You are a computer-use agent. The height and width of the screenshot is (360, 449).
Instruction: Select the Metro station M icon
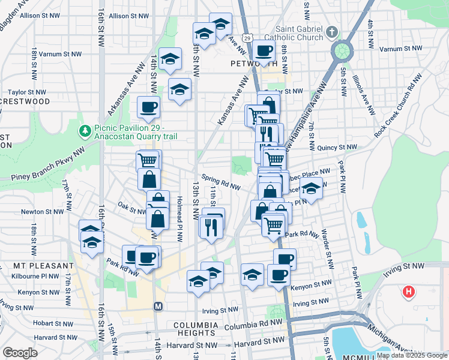[x=158, y=306]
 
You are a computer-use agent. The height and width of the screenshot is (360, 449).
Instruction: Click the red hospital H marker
[x=409, y=292]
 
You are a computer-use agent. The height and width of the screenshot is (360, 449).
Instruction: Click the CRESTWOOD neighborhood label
[x=25, y=101]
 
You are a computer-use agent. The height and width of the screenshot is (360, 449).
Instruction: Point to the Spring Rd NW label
[x=220, y=182]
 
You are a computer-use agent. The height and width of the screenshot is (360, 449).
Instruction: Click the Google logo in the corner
[x=20, y=353]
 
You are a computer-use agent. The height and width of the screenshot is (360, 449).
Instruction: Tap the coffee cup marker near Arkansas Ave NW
[x=148, y=108]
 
